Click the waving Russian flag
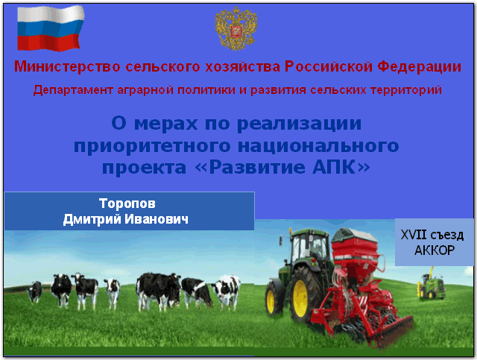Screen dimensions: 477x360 pos(51,28)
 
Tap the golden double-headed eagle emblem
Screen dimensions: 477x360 pos(236,28)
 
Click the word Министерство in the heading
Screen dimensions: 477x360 pos(67,66)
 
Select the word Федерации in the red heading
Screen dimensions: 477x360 pos(420,66)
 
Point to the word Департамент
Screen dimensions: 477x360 pos(73,90)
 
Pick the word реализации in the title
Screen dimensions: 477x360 pos(299,124)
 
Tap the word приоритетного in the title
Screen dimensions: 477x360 pos(152,146)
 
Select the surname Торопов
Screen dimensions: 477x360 pos(127,203)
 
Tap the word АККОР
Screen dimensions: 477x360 pos(435,250)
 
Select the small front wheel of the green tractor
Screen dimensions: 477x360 pos(271,297)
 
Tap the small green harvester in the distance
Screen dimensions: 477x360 pos(431,284)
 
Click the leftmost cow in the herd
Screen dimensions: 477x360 pos(35,291)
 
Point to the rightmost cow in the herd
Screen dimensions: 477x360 pos(227,291)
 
